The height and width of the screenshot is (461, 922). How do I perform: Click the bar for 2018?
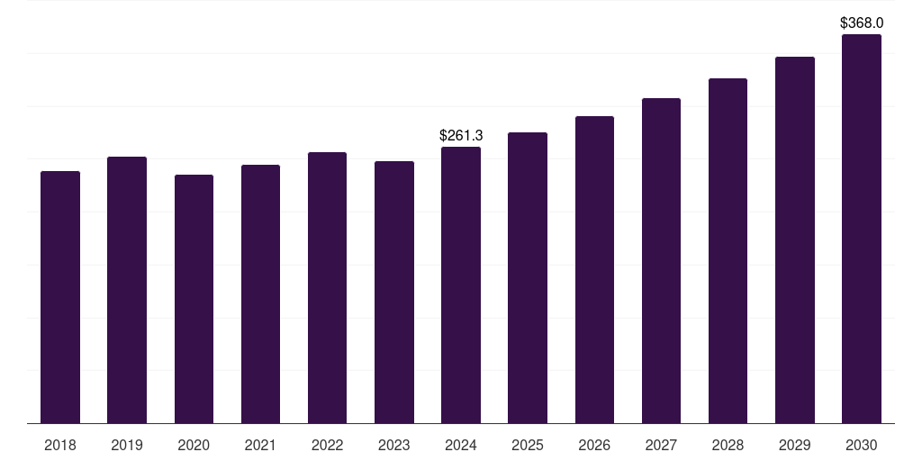click(60, 297)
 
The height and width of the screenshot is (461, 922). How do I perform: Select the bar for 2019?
click(127, 290)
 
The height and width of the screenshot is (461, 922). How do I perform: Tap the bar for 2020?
click(194, 299)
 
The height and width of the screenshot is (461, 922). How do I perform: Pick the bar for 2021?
click(260, 294)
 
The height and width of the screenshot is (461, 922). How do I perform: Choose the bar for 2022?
click(327, 287)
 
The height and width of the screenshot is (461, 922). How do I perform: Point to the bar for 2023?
click(394, 292)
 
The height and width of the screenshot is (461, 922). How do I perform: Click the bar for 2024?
click(461, 285)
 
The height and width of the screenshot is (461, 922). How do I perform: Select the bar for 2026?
click(594, 269)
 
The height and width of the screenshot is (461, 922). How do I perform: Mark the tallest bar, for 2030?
click(862, 229)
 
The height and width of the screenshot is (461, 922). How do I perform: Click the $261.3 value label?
click(461, 136)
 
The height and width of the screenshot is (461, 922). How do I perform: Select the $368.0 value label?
click(862, 23)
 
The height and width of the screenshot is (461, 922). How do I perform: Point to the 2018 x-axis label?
click(60, 446)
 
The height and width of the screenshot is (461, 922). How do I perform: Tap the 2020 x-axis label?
click(194, 446)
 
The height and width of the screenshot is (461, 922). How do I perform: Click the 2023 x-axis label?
click(394, 446)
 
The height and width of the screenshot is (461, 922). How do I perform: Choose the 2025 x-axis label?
click(528, 446)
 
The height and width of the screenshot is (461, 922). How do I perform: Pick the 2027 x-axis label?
click(661, 446)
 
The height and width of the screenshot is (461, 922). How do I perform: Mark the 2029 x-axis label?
click(795, 446)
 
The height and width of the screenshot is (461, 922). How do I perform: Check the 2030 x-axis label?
click(862, 446)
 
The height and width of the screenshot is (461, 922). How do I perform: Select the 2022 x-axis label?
click(327, 446)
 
